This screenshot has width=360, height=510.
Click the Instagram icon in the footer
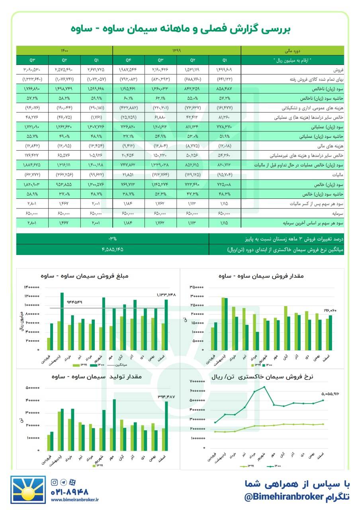point(54,482)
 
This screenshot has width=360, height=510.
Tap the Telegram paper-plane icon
point(63,482)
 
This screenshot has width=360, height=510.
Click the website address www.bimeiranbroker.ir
point(74,500)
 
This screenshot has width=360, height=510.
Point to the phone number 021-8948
point(69,492)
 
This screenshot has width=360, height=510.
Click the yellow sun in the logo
point(28,495)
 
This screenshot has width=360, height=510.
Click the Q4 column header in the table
point(128,60)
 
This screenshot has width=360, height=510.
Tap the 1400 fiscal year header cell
point(65,50)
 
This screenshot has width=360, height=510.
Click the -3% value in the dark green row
point(112,239)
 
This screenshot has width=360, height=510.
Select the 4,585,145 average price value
point(112,249)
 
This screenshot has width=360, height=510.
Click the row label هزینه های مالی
point(330,146)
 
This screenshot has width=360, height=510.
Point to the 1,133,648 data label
point(166,295)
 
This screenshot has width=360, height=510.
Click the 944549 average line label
point(74,302)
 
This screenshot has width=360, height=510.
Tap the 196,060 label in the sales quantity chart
point(330,310)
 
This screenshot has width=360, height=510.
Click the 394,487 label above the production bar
point(166,397)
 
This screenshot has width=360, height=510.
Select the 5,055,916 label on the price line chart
point(330,394)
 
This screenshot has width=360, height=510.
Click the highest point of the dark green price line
point(264,387)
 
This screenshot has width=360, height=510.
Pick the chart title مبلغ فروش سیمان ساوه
point(84,276)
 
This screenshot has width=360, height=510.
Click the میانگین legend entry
point(117,365)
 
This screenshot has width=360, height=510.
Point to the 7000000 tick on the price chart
point(197,381)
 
